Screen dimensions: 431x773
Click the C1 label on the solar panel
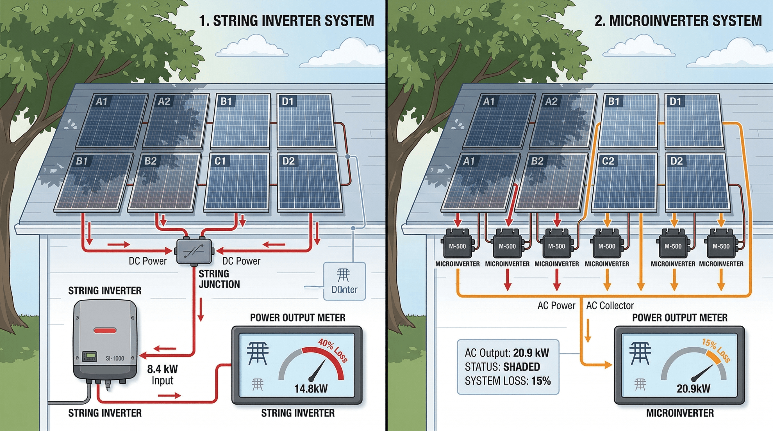[220, 161]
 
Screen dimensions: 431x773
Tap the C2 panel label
[608, 161]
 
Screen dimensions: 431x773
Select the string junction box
[194, 251]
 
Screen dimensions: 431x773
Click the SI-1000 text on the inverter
[115, 358]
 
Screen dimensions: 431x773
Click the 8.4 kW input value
[162, 369]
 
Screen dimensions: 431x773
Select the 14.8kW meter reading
[311, 389]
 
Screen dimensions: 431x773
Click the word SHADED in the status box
[521, 367]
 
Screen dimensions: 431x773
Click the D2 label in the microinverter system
[676, 161]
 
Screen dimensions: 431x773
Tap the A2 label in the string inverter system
[164, 101]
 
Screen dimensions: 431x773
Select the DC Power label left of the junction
[147, 261]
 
